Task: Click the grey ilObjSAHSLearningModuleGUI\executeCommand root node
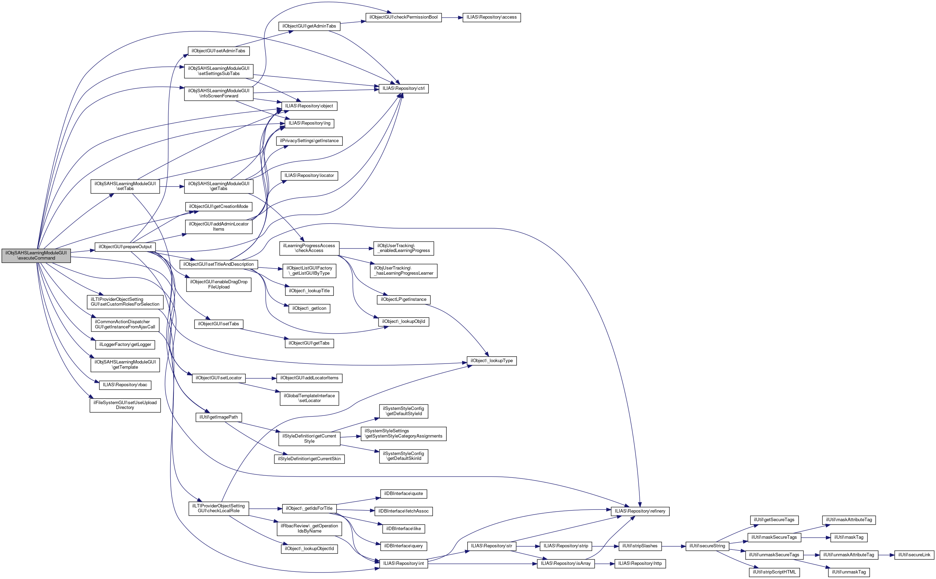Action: (x=36, y=255)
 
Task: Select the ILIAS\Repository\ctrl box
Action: (x=404, y=88)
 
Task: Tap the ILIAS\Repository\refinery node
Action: (x=640, y=511)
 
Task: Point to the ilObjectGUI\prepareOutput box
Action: (x=125, y=246)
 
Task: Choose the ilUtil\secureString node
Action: (x=707, y=546)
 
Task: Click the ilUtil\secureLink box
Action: (x=914, y=555)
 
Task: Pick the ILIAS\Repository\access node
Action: (x=491, y=17)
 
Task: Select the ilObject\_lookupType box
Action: (x=491, y=361)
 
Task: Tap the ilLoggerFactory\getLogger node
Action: (x=125, y=345)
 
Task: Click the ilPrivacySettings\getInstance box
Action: (x=309, y=141)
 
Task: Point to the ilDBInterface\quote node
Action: (x=404, y=494)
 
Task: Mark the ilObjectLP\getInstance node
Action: (x=404, y=299)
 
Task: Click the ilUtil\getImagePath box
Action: (x=219, y=417)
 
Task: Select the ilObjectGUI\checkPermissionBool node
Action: (x=404, y=17)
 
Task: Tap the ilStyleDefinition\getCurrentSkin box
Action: (x=309, y=459)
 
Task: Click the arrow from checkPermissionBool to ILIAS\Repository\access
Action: (x=452, y=17)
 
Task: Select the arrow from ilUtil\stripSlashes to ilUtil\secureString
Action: (x=673, y=546)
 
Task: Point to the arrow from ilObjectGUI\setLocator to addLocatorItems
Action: (x=261, y=378)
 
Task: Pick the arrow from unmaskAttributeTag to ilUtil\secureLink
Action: (x=886, y=555)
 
